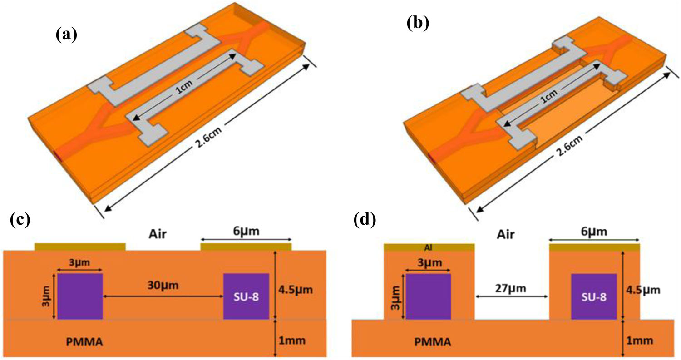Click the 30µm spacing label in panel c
pos(163,286)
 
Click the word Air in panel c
pos(163,233)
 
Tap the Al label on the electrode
pos(429,247)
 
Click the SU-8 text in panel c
pos(247,296)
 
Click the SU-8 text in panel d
pos(594,296)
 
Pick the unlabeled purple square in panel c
pos(80,296)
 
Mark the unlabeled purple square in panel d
pos(428,296)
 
